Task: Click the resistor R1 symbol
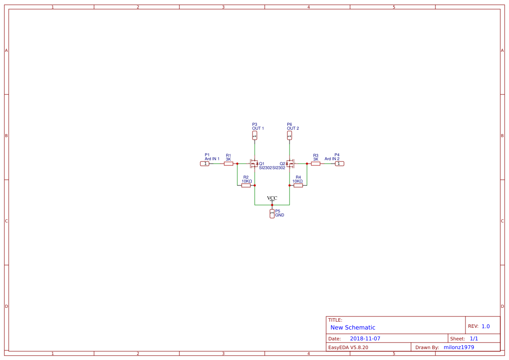click(229, 164)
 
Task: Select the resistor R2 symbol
click(246, 185)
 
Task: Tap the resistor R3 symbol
click(316, 164)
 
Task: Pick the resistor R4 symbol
click(298, 185)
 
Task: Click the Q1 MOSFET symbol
click(254, 164)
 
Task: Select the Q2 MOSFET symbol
click(290, 164)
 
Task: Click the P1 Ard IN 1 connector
click(205, 164)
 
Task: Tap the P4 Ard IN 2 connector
click(340, 164)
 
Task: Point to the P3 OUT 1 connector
click(255, 136)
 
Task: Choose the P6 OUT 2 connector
click(290, 136)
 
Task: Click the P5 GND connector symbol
click(272, 213)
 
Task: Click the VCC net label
click(272, 199)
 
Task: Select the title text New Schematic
click(353, 327)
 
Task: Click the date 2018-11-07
click(365, 339)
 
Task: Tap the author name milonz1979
click(458, 347)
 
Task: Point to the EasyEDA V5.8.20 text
click(348, 347)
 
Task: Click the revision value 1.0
click(485, 326)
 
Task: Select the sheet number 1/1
click(474, 339)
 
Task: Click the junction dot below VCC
click(272, 205)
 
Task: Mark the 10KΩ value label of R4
click(297, 181)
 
